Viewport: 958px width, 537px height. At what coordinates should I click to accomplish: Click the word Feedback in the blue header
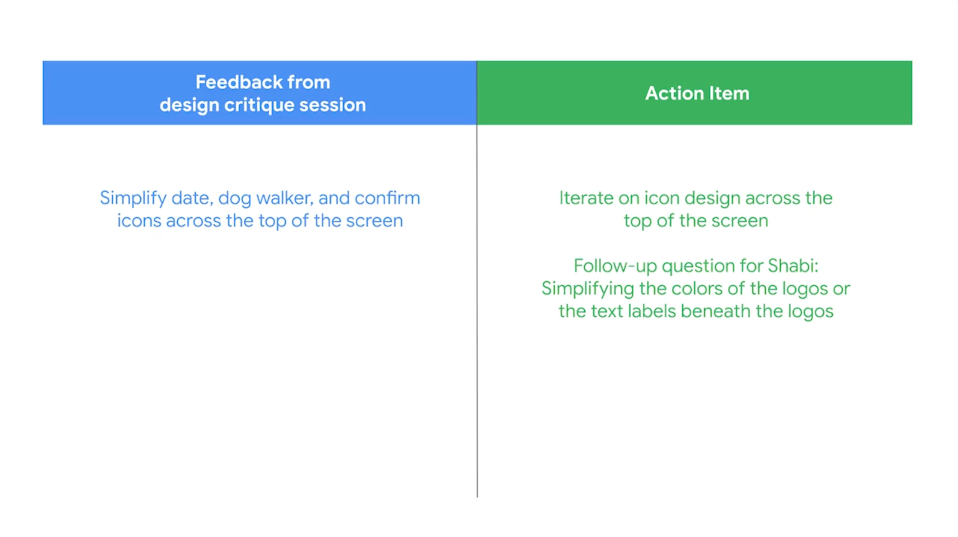click(x=239, y=82)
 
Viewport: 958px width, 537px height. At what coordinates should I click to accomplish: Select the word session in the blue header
click(x=332, y=105)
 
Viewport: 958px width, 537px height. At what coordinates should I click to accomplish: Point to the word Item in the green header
click(x=729, y=93)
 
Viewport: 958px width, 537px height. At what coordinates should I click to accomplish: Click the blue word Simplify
click(x=133, y=199)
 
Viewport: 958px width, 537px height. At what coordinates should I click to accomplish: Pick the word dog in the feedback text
click(x=234, y=199)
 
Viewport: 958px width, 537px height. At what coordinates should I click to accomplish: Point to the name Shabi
click(x=793, y=266)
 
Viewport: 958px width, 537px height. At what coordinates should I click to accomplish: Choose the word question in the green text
click(x=698, y=267)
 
